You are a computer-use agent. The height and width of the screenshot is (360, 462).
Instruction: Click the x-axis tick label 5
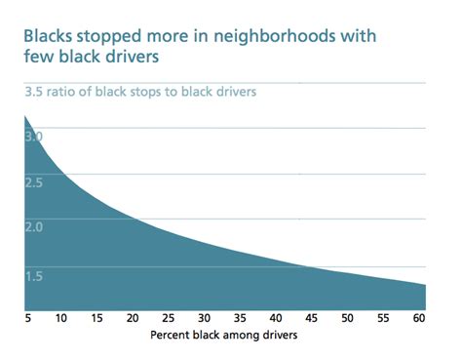[x=28, y=319]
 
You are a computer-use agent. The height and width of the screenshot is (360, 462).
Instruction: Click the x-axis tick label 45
[x=311, y=319]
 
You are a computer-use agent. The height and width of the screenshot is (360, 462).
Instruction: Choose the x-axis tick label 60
[x=417, y=319]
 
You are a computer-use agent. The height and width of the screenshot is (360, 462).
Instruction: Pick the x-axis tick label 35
[x=240, y=319]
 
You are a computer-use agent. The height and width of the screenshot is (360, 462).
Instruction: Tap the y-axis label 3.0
[x=34, y=137]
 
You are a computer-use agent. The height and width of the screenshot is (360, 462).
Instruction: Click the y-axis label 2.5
[x=34, y=182]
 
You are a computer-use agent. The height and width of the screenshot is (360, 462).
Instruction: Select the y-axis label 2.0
[x=34, y=228]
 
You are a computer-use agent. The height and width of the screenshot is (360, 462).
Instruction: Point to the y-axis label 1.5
[x=34, y=275]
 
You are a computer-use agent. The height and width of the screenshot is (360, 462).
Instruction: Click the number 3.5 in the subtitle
[x=34, y=94]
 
